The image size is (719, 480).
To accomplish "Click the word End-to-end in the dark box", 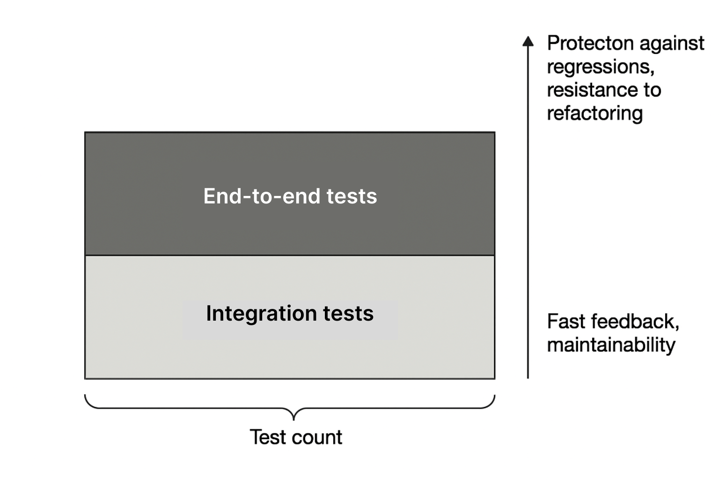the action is pyautogui.click(x=262, y=196).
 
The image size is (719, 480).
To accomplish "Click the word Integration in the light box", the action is pyautogui.click(x=262, y=314).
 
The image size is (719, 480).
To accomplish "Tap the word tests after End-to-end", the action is pyautogui.click(x=352, y=196).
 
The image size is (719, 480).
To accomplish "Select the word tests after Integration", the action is pyautogui.click(x=349, y=314).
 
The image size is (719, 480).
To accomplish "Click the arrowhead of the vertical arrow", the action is pyautogui.click(x=528, y=41).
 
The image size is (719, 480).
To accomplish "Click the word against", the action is pyautogui.click(x=672, y=44).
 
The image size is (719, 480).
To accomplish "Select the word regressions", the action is pyautogui.click(x=601, y=67).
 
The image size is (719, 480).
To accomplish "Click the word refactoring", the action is pyautogui.click(x=595, y=114).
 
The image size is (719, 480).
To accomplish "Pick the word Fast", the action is pyautogui.click(x=566, y=322).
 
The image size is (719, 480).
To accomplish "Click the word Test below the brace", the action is pyautogui.click(x=268, y=437).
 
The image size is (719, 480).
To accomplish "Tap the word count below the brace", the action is pyautogui.click(x=317, y=437).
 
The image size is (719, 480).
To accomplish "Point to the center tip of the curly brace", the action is pyautogui.click(x=293, y=420).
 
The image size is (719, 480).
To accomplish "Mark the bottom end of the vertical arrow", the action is pyautogui.click(x=528, y=378).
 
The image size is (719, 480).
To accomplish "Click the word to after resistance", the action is pyautogui.click(x=652, y=90).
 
